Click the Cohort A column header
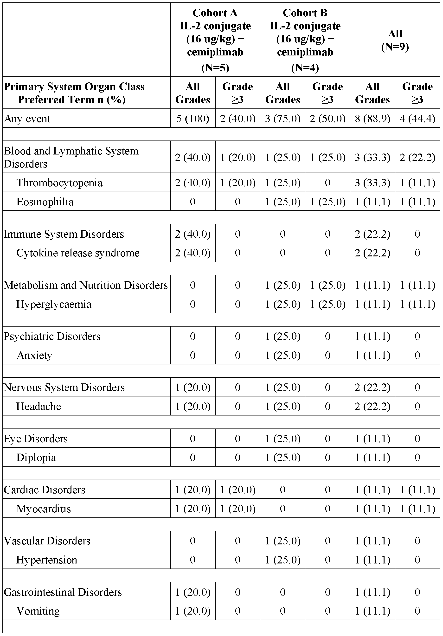[215, 40]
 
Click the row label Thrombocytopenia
[59, 183]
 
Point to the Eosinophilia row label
[45, 202]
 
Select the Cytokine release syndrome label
[78, 253]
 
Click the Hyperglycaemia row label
[54, 304]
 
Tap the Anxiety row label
[35, 355]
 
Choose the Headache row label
[39, 406]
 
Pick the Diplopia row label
[36, 457]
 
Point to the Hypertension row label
[47, 560]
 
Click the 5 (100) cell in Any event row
[193, 119]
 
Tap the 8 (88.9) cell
[372, 119]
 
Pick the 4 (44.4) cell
[417, 119]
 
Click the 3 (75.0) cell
[282, 119]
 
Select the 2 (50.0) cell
[328, 119]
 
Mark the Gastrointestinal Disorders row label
[63, 592]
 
